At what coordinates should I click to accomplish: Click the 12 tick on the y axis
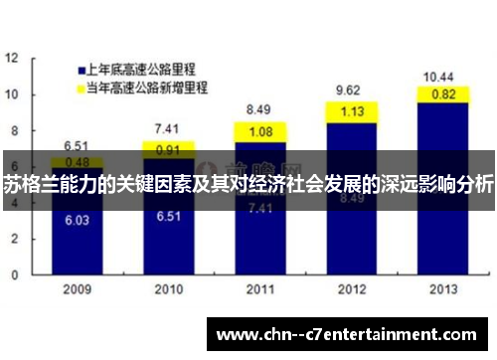point(12,59)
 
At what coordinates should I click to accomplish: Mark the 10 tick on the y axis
point(12,94)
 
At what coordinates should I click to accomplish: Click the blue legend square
point(79,71)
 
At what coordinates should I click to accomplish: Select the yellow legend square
point(79,89)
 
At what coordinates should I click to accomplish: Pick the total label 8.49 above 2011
point(259,109)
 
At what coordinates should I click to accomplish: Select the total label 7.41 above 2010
point(167,127)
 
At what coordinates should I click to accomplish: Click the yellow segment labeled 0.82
point(443,94)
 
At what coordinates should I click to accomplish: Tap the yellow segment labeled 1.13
point(353,112)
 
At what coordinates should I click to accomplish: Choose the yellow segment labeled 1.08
point(260,131)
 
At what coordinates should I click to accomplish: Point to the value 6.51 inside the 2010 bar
point(167,216)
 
